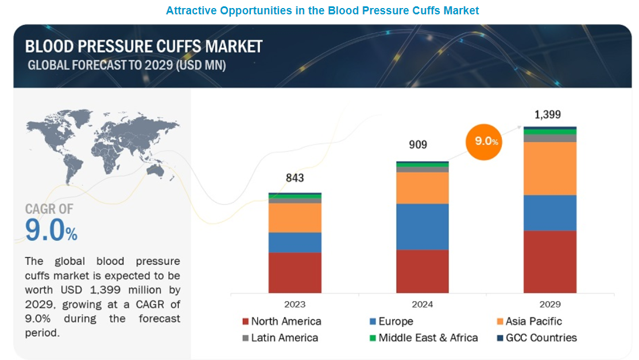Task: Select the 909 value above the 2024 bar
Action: [x=418, y=144]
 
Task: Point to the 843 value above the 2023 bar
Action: [x=295, y=177]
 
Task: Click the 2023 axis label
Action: [x=295, y=304]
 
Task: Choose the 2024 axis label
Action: [x=422, y=304]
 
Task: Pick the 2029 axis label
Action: [x=549, y=304]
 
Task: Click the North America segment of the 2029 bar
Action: [x=549, y=261]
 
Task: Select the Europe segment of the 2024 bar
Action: [x=422, y=226]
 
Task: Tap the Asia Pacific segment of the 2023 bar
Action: [x=295, y=218]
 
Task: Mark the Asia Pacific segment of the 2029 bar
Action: [x=549, y=168]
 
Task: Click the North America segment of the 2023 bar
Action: [x=295, y=272]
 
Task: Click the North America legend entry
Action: [x=282, y=322]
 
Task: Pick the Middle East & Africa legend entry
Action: [x=423, y=338]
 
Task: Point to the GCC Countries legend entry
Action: [x=537, y=338]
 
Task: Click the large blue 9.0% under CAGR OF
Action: [x=51, y=231]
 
